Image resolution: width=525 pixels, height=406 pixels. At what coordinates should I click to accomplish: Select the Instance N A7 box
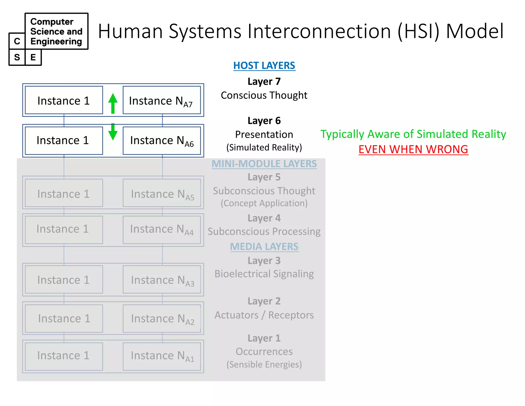tap(162, 100)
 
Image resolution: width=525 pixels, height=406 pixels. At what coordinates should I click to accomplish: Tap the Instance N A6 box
tap(162, 141)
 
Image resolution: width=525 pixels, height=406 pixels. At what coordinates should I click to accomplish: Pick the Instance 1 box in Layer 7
tap(64, 100)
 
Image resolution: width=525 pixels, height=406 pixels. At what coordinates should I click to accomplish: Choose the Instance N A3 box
tap(162, 280)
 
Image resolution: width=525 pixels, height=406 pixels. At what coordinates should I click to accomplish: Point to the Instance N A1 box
tap(162, 356)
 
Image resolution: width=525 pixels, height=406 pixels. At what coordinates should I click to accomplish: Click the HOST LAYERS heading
tap(264, 66)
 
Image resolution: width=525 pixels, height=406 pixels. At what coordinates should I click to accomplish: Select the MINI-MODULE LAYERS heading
tap(264, 164)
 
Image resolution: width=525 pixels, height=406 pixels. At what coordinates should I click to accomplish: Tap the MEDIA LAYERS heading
tap(264, 247)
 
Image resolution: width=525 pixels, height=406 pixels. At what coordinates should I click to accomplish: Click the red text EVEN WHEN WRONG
tap(413, 149)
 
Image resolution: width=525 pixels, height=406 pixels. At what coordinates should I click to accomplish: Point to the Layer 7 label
tap(264, 82)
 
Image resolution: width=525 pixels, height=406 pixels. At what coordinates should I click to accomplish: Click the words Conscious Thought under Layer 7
tap(264, 95)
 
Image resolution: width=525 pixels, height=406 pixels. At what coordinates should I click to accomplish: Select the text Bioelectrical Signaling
tap(264, 274)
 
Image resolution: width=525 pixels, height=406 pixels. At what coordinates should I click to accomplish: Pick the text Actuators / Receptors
tap(264, 315)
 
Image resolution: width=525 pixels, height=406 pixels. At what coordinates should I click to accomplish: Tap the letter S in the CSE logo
tap(17, 57)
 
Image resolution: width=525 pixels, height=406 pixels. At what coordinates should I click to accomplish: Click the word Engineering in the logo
tap(56, 41)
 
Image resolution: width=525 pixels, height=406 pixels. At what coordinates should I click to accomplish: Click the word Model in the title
tap(475, 31)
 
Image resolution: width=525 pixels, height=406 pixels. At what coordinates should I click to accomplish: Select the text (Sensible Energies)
tap(264, 364)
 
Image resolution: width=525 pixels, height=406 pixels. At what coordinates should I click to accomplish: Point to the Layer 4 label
tap(264, 218)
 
